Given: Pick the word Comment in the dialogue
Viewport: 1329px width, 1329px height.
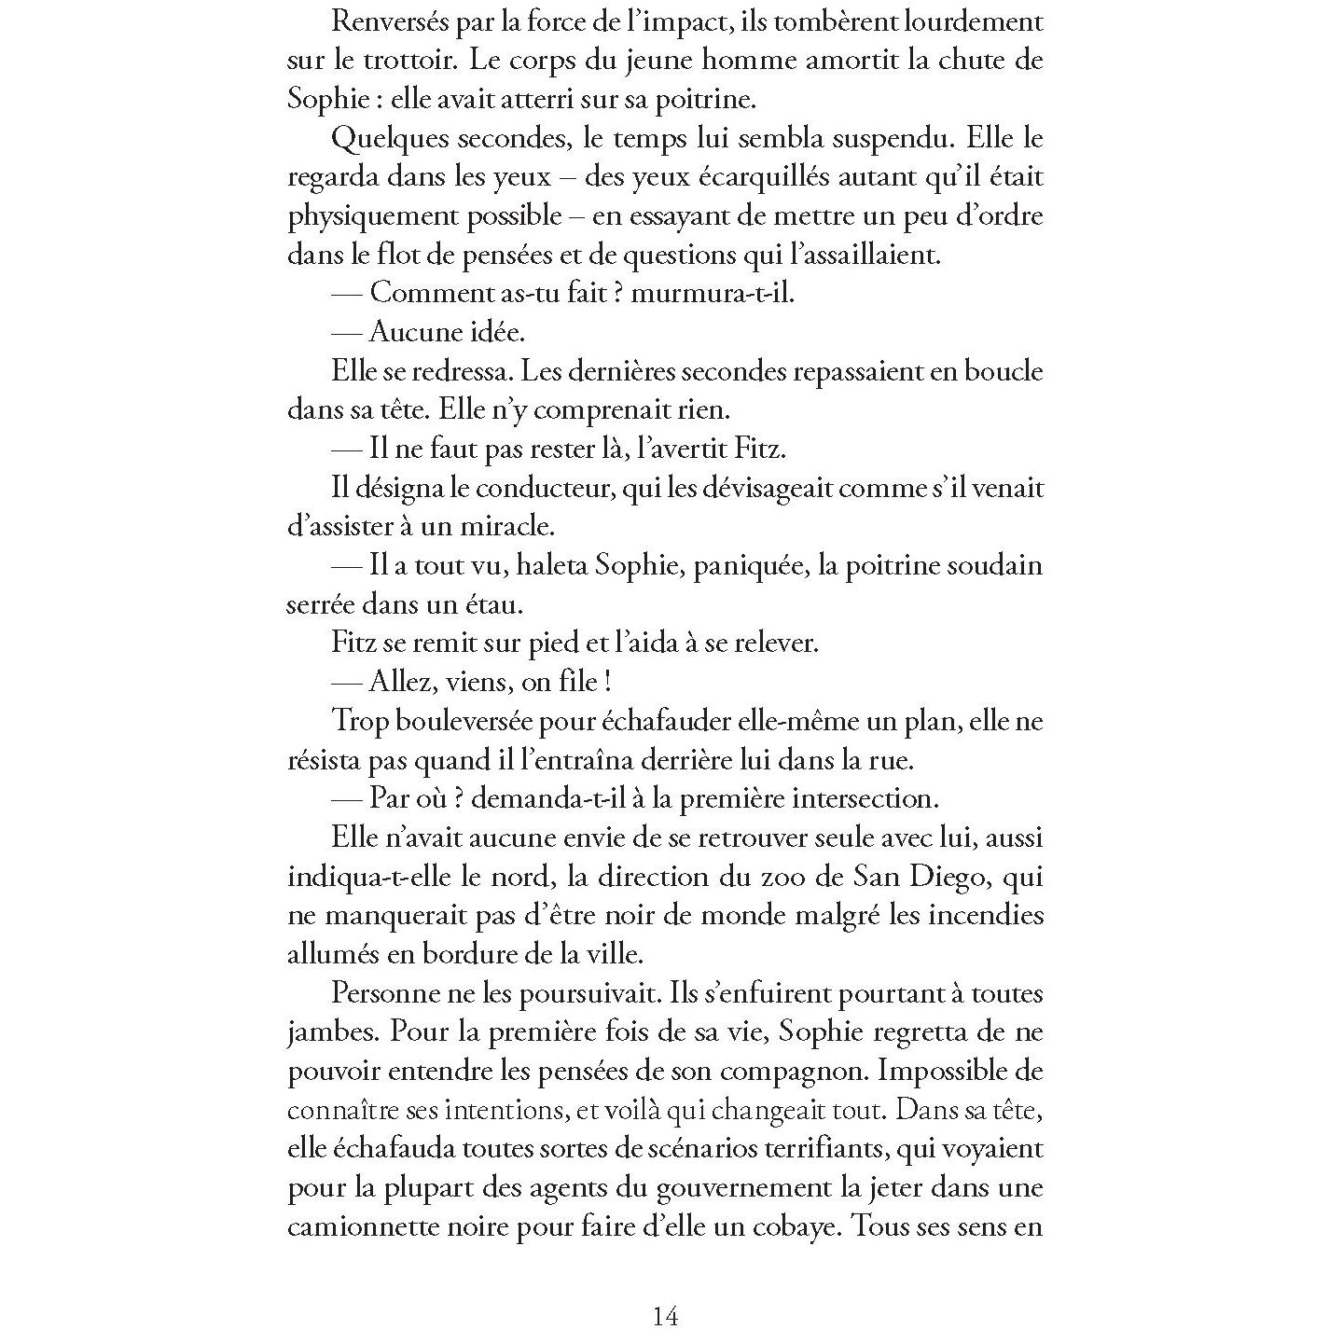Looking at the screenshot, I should pyautogui.click(x=427, y=293).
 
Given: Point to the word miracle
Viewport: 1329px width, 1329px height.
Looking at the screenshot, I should pyautogui.click(x=507, y=527).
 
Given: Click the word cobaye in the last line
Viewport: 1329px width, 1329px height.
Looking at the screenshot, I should pyautogui.click(x=791, y=1227).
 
